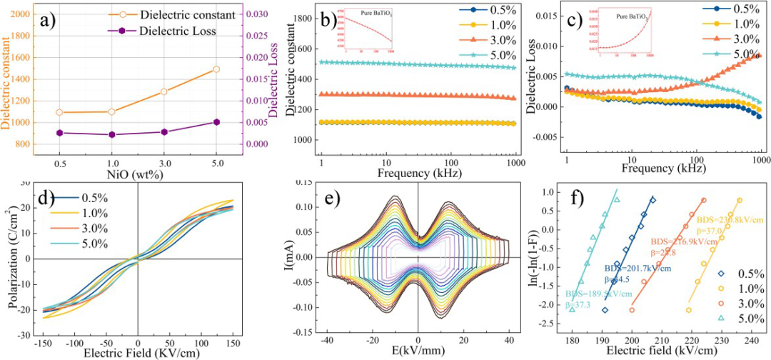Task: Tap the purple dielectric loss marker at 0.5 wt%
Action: coord(60,133)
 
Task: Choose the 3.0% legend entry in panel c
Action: coord(746,39)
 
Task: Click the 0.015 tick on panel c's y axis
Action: coord(549,15)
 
